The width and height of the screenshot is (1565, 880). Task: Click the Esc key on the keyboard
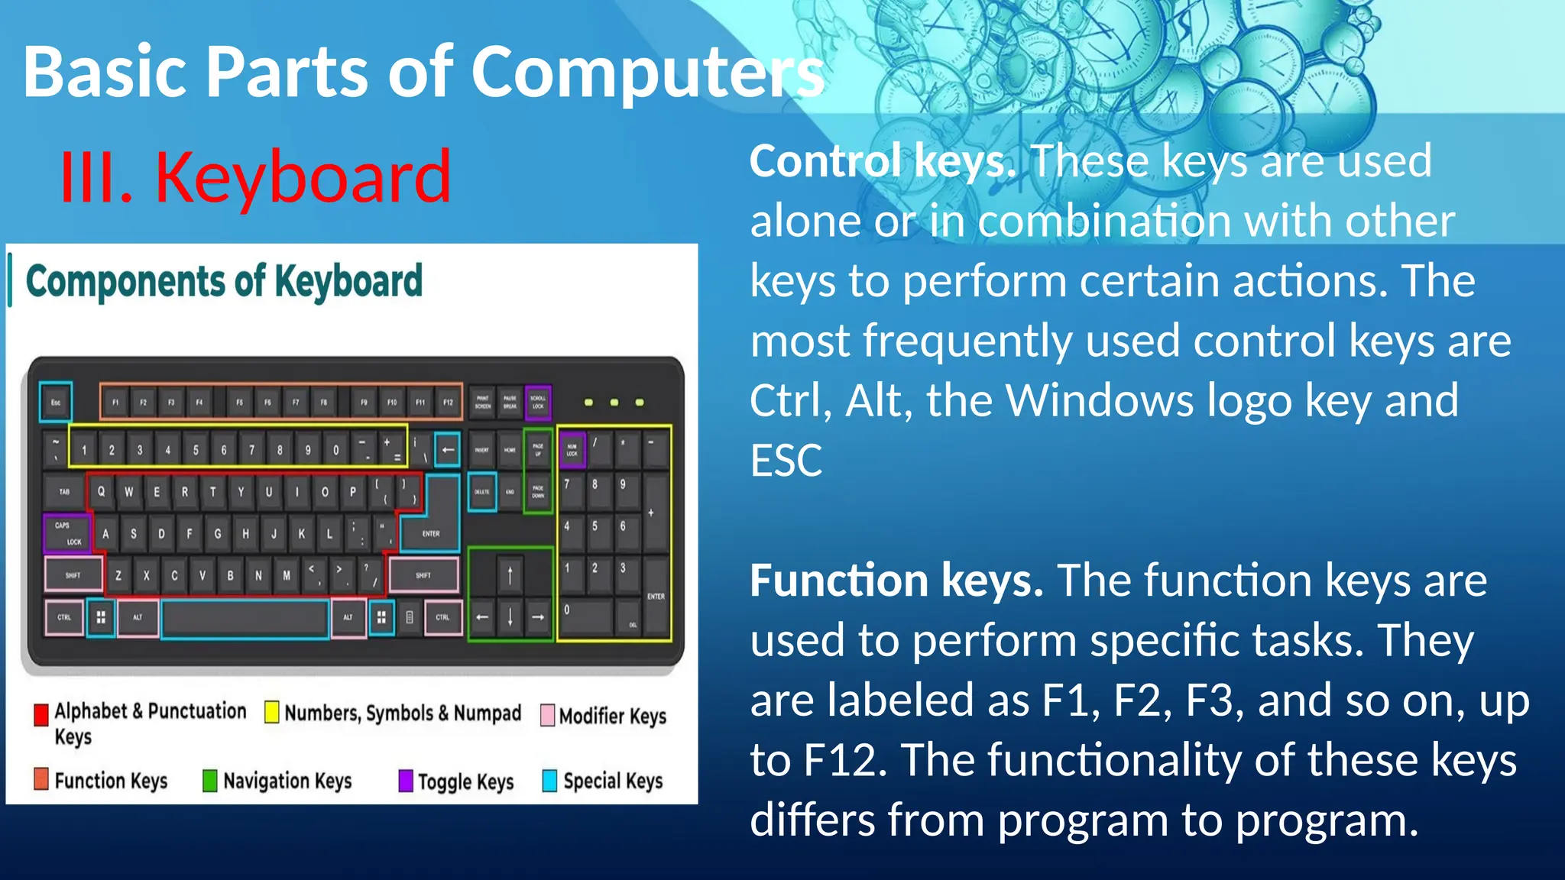pos(56,402)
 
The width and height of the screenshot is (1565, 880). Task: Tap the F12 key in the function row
pos(448,402)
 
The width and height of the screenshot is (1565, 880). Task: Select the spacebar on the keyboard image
pos(245,618)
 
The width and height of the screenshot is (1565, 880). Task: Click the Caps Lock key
pos(67,533)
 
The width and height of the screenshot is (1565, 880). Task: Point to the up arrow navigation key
pos(510,574)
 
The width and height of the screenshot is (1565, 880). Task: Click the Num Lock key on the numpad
pos(572,450)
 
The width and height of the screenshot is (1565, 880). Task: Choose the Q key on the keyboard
pos(101,491)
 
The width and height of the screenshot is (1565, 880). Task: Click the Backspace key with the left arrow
pos(448,450)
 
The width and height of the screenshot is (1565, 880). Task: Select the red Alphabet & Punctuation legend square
pos(41,714)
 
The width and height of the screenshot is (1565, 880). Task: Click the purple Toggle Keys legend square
pos(406,781)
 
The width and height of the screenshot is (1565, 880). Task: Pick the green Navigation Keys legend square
pos(209,781)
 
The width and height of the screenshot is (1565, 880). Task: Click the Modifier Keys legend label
pos(612,716)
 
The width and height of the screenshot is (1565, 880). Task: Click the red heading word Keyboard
pos(303,177)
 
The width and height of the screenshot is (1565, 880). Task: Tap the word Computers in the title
pos(646,72)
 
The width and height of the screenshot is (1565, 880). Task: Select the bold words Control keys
pos(882,161)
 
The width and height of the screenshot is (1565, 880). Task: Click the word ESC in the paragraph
pos(786,461)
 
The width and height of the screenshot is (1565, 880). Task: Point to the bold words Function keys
pos(896,581)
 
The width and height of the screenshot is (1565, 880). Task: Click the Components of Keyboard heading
pos(224,281)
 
